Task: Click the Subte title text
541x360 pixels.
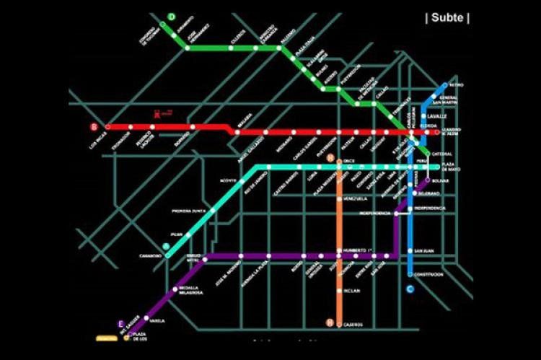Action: tap(447, 18)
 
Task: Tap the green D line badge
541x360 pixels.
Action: tap(172, 17)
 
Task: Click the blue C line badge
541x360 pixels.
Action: tap(410, 289)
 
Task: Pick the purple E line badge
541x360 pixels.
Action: tap(121, 323)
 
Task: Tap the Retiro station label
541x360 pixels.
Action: tap(457, 85)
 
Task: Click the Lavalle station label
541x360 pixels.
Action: tap(438, 115)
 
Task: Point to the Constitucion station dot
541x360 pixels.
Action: tap(410, 274)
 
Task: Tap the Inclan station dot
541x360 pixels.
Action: tap(338, 291)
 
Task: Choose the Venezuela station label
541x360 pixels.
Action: tap(356, 198)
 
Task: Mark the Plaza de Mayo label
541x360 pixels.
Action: tap(452, 169)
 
